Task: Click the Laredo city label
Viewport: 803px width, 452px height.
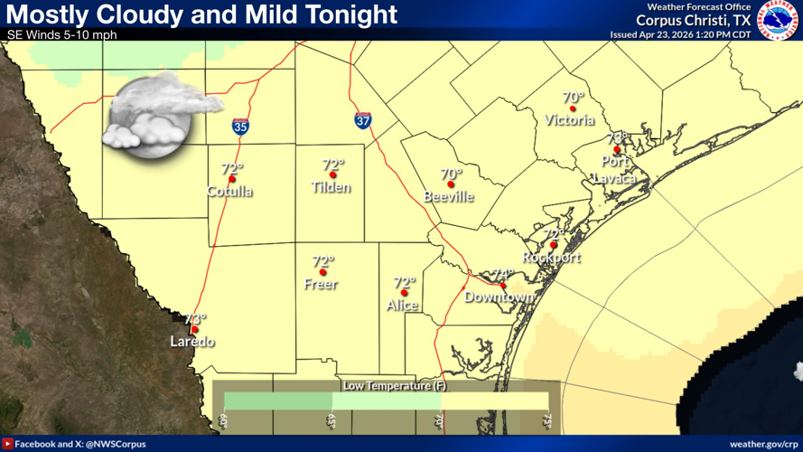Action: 193,342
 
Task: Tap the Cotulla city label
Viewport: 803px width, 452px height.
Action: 229,192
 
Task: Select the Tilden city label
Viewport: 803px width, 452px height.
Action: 331,188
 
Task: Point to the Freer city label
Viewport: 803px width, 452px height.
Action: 321,285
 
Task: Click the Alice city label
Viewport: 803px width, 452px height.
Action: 402,306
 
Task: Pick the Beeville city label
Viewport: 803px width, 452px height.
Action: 449,197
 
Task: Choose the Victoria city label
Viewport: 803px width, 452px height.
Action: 570,120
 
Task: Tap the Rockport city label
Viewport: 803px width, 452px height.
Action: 551,258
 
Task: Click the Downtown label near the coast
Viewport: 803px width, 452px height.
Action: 499,297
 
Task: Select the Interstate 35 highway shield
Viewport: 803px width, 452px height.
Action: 241,127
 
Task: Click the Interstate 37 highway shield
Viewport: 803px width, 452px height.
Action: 362,120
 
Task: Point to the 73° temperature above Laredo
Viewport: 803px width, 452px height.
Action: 195,319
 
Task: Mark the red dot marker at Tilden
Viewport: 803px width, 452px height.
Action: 333,175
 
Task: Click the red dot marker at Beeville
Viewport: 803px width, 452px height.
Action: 451,184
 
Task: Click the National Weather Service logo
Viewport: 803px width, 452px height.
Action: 778,19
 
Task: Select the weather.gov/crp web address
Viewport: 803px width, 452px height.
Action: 762,444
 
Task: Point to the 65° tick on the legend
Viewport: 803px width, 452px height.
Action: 331,422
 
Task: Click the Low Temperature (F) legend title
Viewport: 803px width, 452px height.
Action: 387,386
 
